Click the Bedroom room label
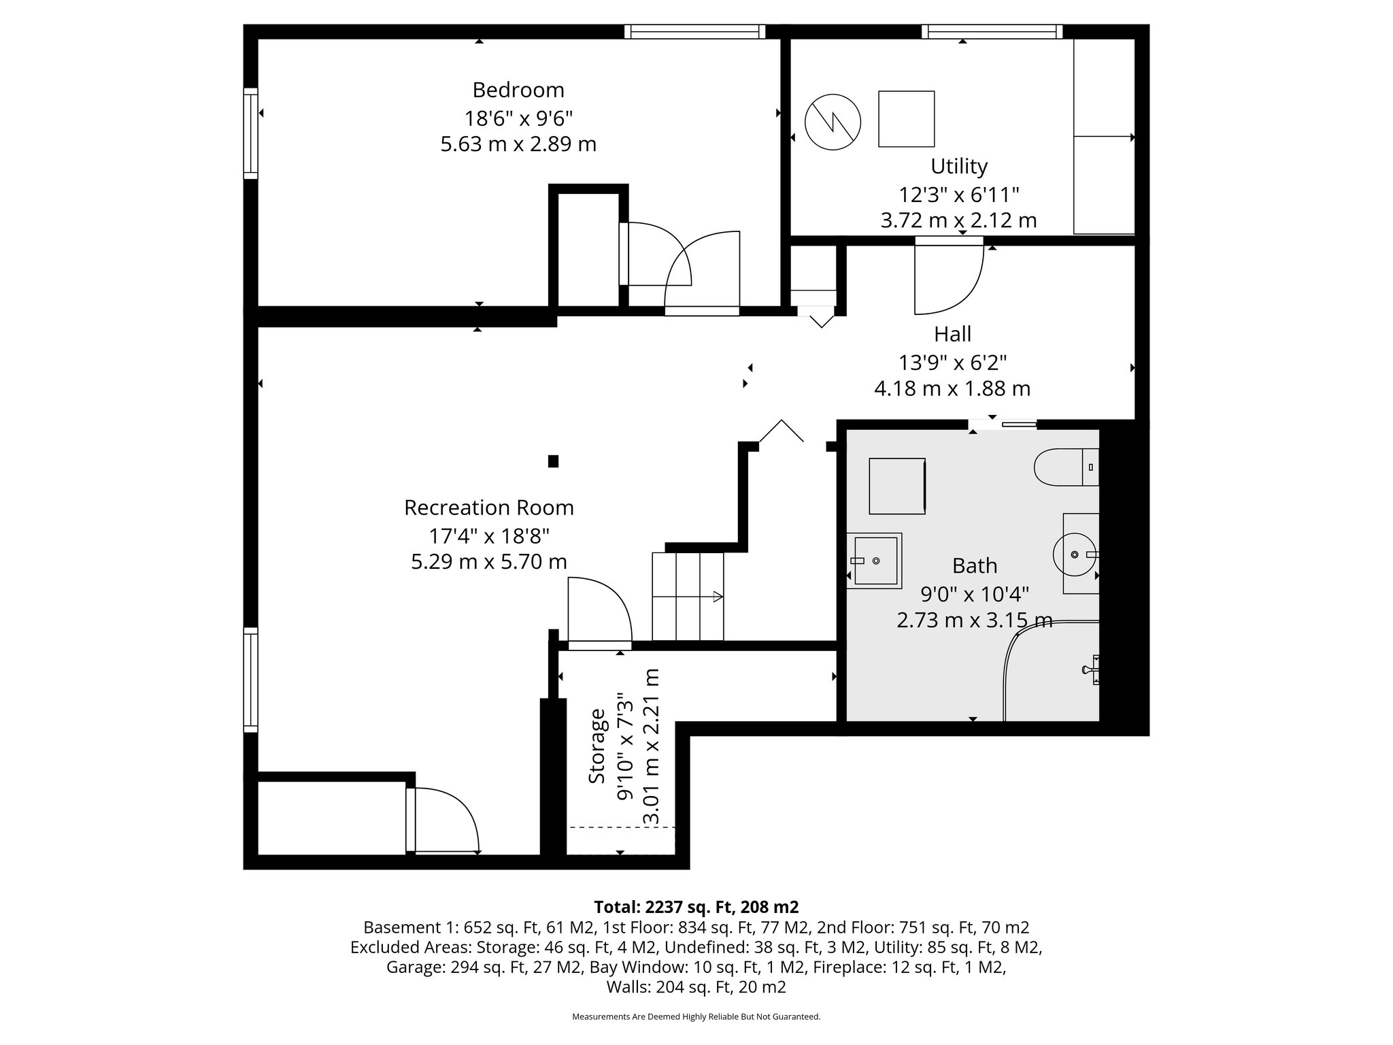(x=518, y=90)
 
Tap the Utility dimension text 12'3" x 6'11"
(x=958, y=195)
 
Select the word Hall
(x=952, y=334)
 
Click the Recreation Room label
(x=488, y=508)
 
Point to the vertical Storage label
(x=597, y=746)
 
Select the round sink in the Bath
(x=1075, y=554)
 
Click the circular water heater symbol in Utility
(x=833, y=122)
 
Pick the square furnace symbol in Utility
(x=906, y=119)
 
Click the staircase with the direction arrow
(x=688, y=597)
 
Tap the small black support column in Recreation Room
(x=553, y=461)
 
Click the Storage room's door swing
(x=599, y=610)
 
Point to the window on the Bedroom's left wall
(x=251, y=133)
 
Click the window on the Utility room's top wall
(x=992, y=31)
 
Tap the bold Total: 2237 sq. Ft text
(x=696, y=907)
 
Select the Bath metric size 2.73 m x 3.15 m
(x=974, y=620)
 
